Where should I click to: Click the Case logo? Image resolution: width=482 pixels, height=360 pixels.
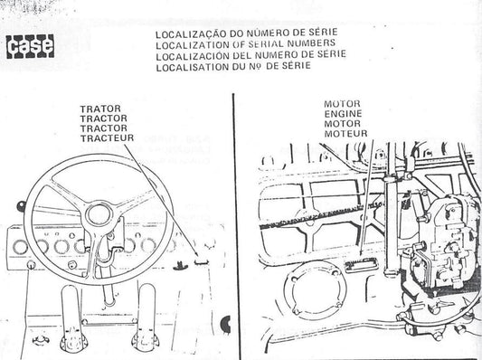(x=30, y=46)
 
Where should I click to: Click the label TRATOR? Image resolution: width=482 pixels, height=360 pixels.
(x=100, y=109)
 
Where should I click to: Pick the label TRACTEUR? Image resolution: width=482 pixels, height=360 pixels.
(x=107, y=138)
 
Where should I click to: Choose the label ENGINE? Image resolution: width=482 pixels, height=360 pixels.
(x=343, y=114)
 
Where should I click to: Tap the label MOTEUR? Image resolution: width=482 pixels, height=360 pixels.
(x=345, y=134)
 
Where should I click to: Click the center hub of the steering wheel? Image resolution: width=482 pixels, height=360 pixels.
(x=99, y=215)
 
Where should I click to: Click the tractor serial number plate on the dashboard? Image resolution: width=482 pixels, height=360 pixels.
(x=202, y=262)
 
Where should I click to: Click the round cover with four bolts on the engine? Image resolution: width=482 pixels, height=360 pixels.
(x=315, y=289)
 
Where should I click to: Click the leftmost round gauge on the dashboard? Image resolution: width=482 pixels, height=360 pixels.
(x=20, y=247)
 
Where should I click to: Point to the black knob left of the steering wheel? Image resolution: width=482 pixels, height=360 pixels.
(x=21, y=205)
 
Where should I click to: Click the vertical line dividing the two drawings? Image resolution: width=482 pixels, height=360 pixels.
(x=236, y=226)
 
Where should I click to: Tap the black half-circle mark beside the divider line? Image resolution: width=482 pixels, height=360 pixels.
(x=226, y=325)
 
